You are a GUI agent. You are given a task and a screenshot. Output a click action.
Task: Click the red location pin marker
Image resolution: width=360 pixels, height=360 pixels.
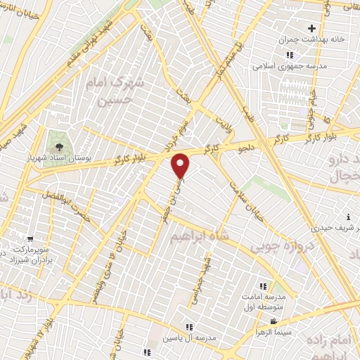click(x=181, y=165)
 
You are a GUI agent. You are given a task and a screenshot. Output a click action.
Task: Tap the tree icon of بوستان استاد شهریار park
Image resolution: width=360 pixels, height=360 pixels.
click(x=58, y=136)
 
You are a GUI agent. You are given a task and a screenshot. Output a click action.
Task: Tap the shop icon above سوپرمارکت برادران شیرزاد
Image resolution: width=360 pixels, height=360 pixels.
click(x=30, y=239)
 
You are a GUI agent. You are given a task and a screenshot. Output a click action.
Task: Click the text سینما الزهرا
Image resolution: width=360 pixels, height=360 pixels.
click(x=275, y=330)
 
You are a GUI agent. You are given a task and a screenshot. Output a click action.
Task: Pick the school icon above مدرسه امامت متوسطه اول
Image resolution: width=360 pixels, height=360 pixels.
click(x=263, y=286)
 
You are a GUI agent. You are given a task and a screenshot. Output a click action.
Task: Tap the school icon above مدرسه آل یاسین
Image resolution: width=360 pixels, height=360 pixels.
click(x=188, y=326)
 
